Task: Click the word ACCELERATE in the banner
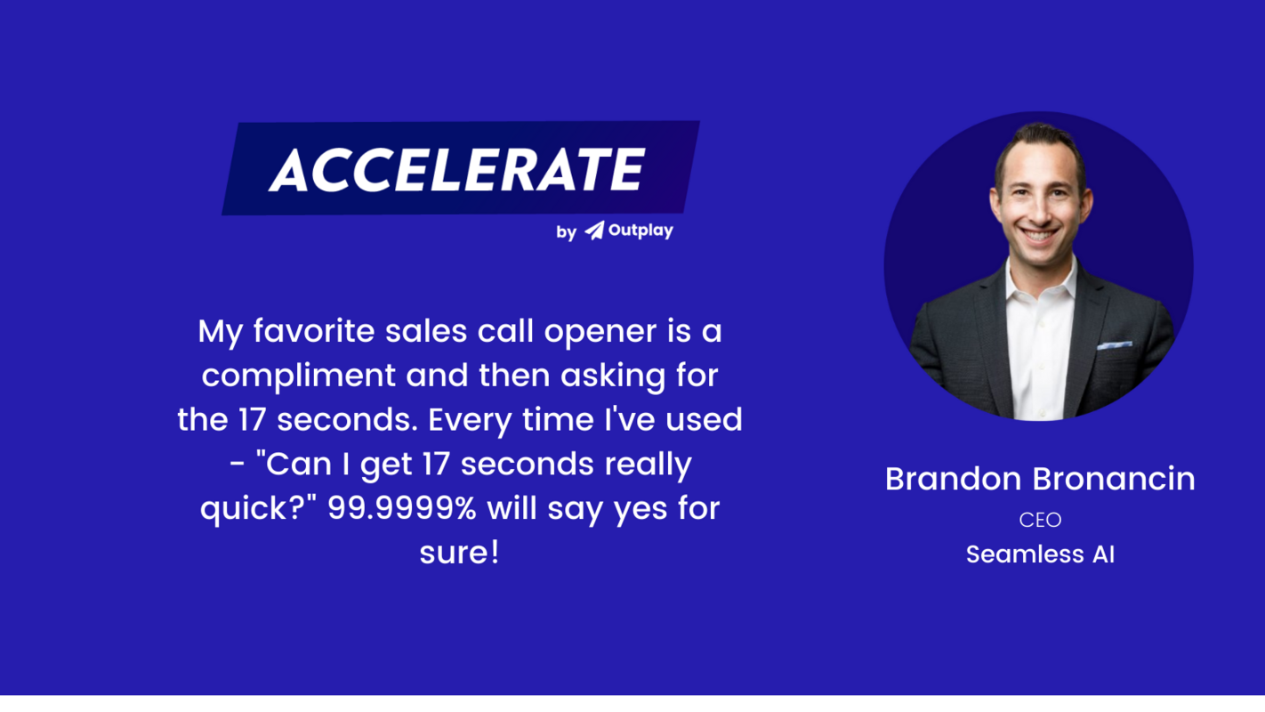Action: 457,169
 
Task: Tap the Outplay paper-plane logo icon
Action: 594,231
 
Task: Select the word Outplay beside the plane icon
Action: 641,231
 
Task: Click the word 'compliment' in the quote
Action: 299,376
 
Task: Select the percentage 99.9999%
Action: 402,509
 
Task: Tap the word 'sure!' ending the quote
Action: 459,554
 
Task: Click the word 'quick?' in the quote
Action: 259,509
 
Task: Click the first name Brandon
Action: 954,479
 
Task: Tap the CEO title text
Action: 1040,519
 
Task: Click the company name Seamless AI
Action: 1040,554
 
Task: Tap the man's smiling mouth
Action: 1037,237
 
